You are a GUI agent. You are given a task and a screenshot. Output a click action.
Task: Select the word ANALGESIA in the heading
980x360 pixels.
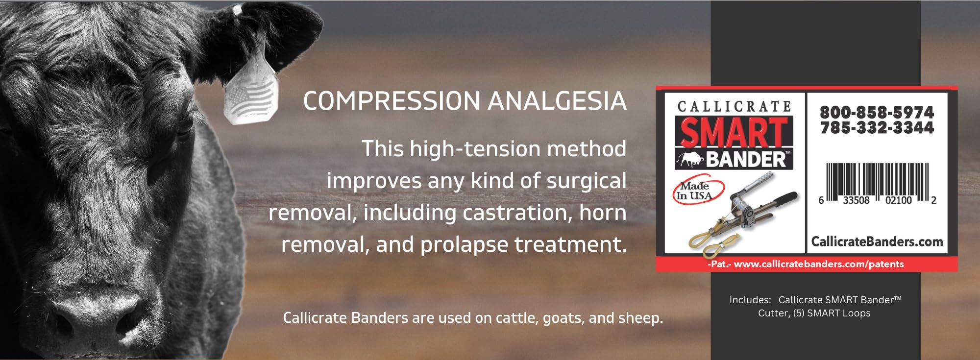click(557, 101)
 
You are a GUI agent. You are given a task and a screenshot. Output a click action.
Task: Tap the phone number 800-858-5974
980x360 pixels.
click(877, 112)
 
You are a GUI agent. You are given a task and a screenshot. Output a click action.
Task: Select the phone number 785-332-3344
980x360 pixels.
click(877, 128)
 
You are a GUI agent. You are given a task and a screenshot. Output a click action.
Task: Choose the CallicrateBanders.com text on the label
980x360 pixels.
click(877, 241)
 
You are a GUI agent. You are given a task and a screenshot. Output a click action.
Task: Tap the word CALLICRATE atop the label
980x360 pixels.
click(734, 107)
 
